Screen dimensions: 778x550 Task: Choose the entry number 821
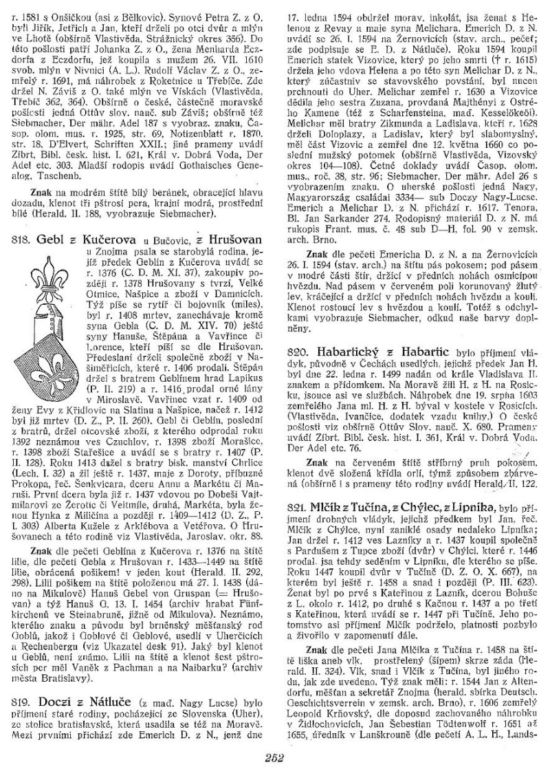click(x=300, y=507)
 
